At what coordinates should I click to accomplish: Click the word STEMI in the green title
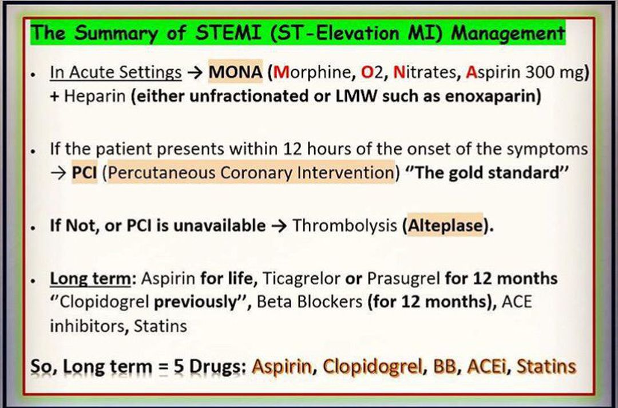[228, 32]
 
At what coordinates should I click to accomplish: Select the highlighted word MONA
[235, 72]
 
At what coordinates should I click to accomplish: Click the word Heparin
[94, 96]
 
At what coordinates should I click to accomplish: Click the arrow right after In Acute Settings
[195, 72]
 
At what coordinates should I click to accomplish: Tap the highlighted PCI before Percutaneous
[84, 172]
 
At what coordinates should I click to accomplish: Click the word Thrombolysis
[344, 225]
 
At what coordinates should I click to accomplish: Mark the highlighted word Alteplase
[445, 225]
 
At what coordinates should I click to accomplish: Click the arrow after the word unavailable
[279, 225]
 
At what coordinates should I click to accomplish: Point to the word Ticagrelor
[301, 278]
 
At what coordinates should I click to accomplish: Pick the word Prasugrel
[403, 278]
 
